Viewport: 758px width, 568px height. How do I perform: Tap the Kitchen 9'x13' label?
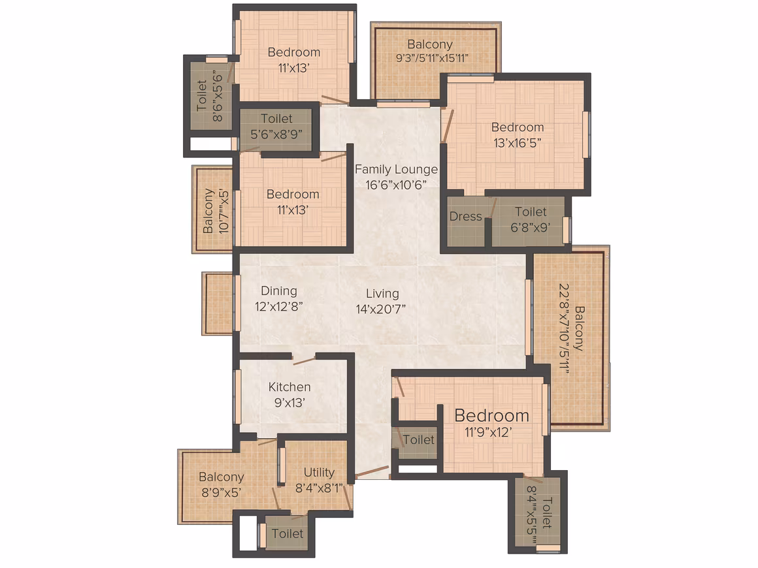pyautogui.click(x=289, y=394)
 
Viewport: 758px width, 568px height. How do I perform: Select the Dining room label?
pyautogui.click(x=279, y=291)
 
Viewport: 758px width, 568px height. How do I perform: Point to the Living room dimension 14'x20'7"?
pyautogui.click(x=381, y=309)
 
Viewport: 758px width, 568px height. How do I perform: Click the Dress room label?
pyautogui.click(x=465, y=216)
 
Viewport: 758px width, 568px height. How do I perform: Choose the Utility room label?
pyautogui.click(x=319, y=473)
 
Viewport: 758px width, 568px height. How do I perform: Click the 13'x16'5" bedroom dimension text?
pyautogui.click(x=518, y=143)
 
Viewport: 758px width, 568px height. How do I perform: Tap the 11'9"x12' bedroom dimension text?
pyautogui.click(x=488, y=432)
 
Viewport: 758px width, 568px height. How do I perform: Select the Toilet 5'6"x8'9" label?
pyautogui.click(x=276, y=126)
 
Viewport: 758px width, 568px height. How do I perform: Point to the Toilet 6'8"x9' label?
pyautogui.click(x=531, y=219)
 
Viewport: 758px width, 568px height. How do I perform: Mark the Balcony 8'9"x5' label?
pyautogui.click(x=222, y=484)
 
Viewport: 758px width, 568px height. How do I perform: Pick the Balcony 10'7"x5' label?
pyautogui.click(x=216, y=211)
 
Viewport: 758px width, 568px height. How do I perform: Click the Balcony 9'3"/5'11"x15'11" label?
pyautogui.click(x=431, y=51)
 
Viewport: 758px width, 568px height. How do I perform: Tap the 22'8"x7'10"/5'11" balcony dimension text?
pyautogui.click(x=564, y=328)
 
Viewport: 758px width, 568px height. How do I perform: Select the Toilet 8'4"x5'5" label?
pyautogui.click(x=539, y=513)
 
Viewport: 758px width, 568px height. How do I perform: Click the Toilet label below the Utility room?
pyautogui.click(x=288, y=533)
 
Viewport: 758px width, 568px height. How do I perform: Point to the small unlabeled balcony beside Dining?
pyautogui.click(x=218, y=304)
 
